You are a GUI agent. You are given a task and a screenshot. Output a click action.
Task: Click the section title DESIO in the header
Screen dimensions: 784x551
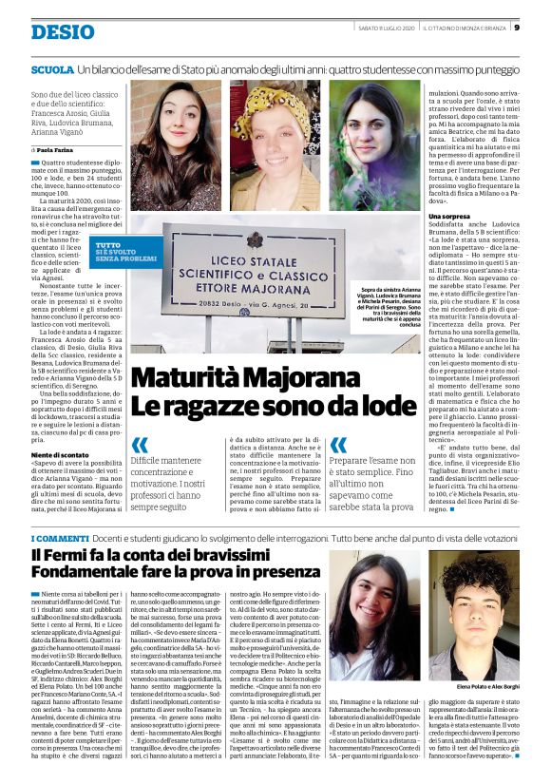pos(62,32)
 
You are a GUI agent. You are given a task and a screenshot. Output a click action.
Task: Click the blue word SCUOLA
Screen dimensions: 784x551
pos(51,70)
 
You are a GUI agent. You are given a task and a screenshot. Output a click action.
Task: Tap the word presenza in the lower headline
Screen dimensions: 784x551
pos(275,575)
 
